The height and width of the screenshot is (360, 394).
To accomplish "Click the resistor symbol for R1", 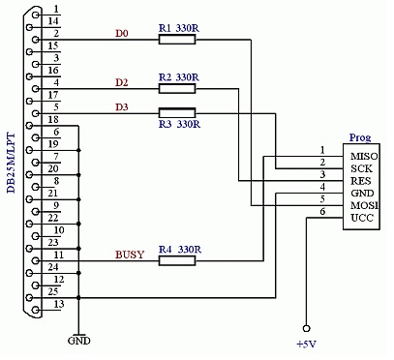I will click(x=177, y=41).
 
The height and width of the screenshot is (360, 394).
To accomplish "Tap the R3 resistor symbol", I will click(x=177, y=112).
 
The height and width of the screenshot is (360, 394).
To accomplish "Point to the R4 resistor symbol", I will click(x=177, y=260).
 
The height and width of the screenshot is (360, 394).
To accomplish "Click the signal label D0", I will click(x=121, y=34).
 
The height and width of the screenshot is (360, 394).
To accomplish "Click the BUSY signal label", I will click(x=129, y=255).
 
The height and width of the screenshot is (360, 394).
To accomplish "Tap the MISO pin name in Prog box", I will click(x=364, y=155).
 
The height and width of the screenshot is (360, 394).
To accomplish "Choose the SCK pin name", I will click(x=361, y=167).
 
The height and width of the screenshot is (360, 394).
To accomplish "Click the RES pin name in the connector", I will click(x=361, y=180).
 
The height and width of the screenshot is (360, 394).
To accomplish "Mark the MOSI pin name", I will click(x=364, y=206).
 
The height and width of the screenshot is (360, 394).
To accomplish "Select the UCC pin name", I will click(x=362, y=219).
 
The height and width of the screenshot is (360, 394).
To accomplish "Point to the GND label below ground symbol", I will click(x=78, y=341).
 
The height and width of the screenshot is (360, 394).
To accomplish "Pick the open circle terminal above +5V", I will click(x=307, y=327).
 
